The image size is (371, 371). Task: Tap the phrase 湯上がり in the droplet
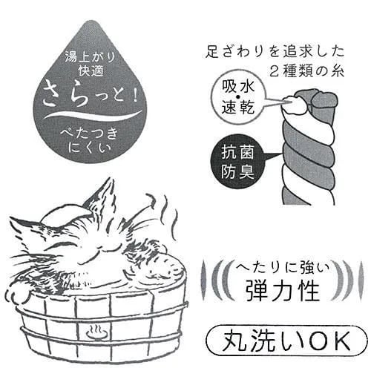(90, 59)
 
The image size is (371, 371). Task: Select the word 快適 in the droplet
(91, 71)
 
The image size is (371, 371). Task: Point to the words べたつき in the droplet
(89, 134)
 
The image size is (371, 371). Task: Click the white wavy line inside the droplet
(92, 114)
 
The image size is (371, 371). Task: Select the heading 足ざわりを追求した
(275, 53)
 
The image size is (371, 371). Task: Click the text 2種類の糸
(306, 71)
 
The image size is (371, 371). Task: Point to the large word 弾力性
(282, 291)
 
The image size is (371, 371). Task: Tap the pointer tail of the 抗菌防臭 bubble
(273, 157)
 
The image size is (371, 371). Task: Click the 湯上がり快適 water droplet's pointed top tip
(90, 21)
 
